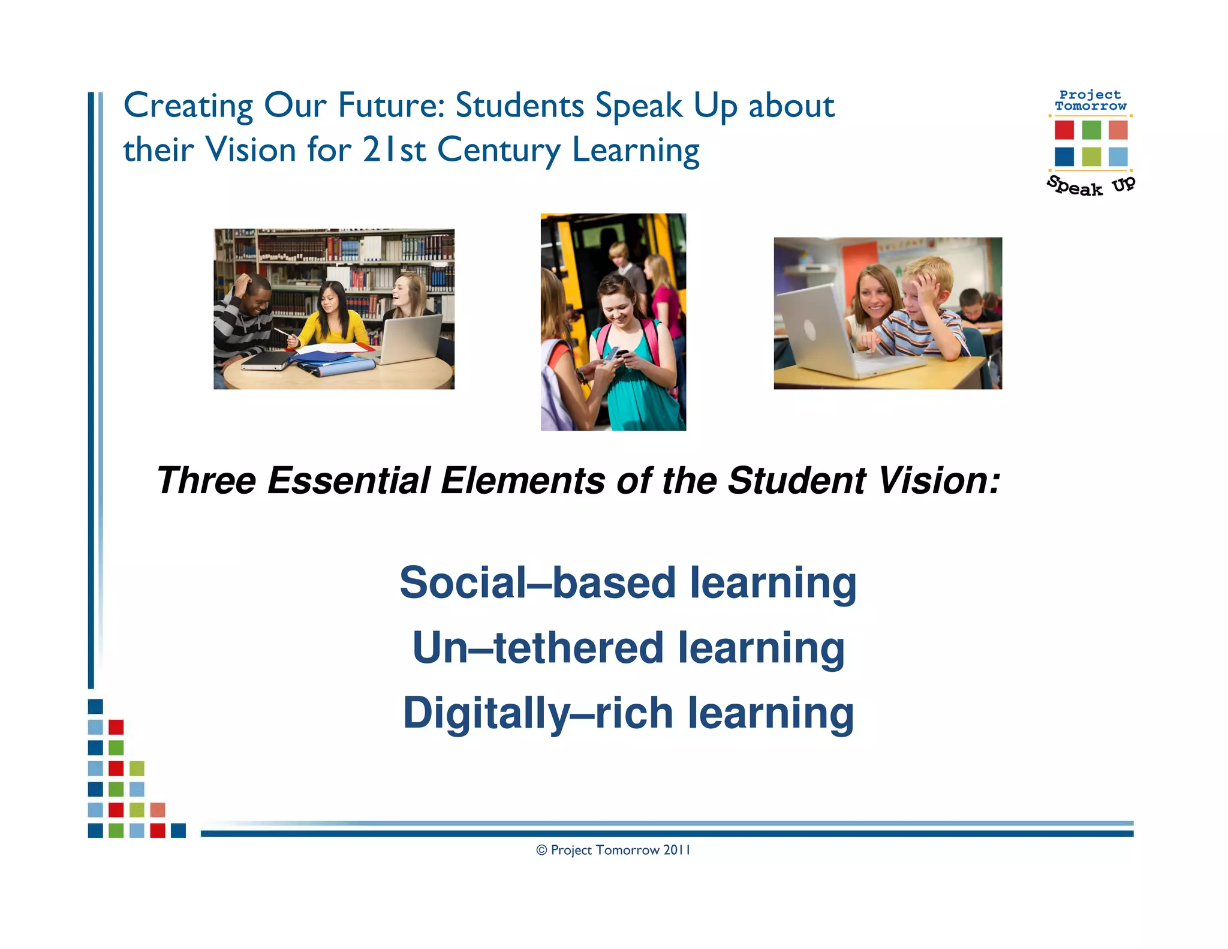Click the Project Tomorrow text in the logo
1090,100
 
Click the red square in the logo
1064,130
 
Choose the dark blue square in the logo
1064,157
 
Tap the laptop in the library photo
411,339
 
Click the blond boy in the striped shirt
920,312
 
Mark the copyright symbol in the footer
541,850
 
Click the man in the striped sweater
244,318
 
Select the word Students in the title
519,106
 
